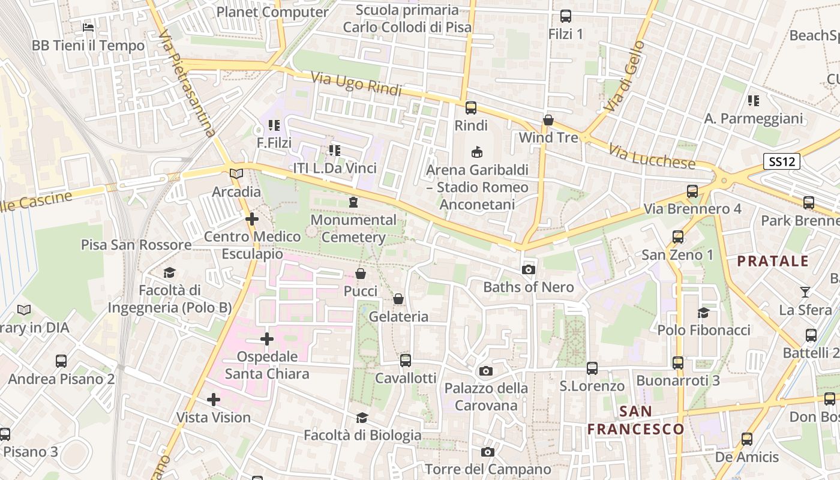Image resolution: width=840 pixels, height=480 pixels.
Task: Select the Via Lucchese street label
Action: [652, 157]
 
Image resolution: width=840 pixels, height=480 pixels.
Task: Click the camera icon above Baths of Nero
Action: [529, 270]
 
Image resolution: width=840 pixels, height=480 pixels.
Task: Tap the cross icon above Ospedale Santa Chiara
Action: [267, 340]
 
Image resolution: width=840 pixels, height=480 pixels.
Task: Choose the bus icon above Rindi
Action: [471, 108]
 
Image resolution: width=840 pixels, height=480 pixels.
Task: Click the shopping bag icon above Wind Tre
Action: [548, 120]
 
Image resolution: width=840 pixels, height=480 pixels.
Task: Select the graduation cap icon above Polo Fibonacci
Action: [703, 313]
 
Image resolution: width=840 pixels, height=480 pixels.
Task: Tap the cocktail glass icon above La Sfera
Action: [805, 292]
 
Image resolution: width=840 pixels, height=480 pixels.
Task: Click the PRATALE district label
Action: [773, 261]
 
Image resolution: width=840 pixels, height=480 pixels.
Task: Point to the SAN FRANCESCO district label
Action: [635, 420]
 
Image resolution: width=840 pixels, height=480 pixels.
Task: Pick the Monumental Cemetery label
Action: [353, 229]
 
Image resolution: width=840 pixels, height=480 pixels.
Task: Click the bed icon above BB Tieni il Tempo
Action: [88, 28]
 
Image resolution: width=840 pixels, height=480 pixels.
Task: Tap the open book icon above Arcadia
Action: [237, 174]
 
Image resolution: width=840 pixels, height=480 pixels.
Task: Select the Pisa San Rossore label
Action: [136, 245]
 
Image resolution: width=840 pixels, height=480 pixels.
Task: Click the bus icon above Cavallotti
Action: [406, 360]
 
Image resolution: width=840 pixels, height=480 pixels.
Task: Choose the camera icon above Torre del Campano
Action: [488, 452]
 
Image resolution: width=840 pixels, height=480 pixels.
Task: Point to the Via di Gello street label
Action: [625, 76]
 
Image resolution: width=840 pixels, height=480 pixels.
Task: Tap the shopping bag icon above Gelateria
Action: [398, 299]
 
